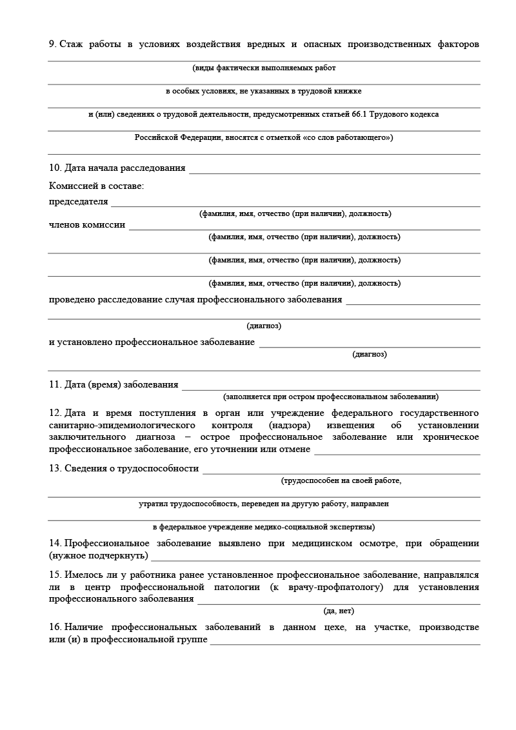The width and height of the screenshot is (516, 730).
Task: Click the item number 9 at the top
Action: [x=52, y=44]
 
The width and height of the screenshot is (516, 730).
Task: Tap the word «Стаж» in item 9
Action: [x=72, y=44]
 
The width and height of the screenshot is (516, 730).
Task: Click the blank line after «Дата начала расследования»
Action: [x=334, y=170]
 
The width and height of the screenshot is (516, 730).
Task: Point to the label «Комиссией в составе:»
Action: [x=97, y=186]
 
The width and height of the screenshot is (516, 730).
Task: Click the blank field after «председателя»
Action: [x=295, y=202]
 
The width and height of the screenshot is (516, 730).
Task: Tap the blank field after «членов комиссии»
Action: [x=304, y=226]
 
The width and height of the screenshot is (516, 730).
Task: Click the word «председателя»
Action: [x=79, y=202]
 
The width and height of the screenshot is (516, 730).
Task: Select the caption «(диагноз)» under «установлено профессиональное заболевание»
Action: [x=370, y=354]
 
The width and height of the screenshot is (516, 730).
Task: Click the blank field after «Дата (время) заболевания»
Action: [x=331, y=386]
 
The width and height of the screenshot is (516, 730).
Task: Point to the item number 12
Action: [x=55, y=413]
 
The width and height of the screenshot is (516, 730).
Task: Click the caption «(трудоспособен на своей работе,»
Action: [x=341, y=480]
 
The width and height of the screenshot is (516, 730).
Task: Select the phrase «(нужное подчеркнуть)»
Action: [x=98, y=555]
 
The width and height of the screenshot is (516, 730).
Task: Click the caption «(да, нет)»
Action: [x=339, y=611]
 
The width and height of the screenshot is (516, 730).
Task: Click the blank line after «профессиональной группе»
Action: [x=345, y=641]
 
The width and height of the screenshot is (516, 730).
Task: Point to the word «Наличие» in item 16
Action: [x=84, y=627]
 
